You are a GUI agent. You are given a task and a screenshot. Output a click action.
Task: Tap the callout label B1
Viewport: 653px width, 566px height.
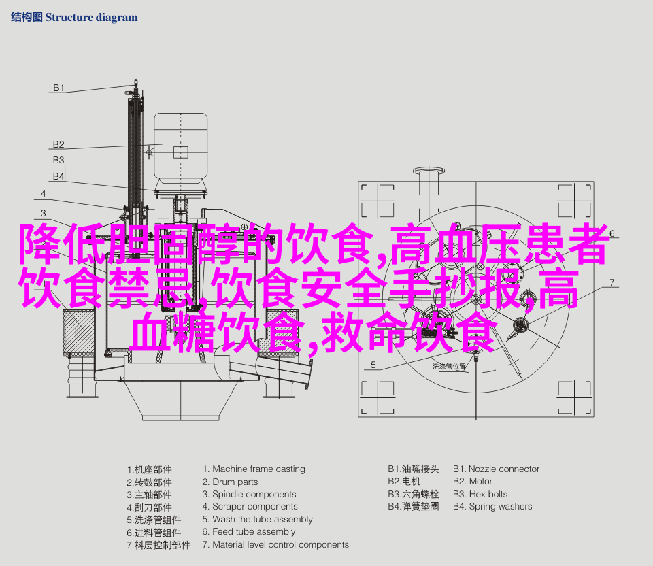tap(59, 88)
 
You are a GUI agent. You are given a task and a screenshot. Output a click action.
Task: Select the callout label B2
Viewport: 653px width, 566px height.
tap(59, 144)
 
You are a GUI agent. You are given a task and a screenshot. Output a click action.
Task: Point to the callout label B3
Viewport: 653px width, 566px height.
tap(59, 161)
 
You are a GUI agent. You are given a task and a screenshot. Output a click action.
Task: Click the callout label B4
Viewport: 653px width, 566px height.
tap(59, 176)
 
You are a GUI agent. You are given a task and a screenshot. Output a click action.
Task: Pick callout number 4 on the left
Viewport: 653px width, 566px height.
tap(43, 193)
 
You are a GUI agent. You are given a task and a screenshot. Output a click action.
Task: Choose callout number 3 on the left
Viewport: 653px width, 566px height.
tap(43, 212)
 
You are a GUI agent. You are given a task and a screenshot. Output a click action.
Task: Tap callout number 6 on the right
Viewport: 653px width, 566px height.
tap(612, 233)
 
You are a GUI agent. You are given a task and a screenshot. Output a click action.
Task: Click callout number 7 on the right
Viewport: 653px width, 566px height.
tap(612, 282)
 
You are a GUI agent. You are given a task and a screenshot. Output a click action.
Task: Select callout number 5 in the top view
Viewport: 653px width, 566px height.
tap(373, 365)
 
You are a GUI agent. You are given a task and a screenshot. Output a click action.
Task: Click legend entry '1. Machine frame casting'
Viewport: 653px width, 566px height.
tap(254, 469)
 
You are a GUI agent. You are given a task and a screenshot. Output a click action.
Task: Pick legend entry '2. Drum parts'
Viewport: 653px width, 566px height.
tap(230, 482)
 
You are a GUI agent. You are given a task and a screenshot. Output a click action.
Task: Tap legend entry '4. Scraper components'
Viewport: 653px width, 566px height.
tap(250, 507)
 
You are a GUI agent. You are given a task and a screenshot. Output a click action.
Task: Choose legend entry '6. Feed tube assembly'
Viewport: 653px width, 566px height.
tap(248, 532)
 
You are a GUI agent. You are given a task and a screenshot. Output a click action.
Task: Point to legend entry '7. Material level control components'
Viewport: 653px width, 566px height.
tap(275, 545)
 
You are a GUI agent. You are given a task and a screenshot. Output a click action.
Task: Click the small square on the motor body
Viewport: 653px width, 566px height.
tap(180, 152)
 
